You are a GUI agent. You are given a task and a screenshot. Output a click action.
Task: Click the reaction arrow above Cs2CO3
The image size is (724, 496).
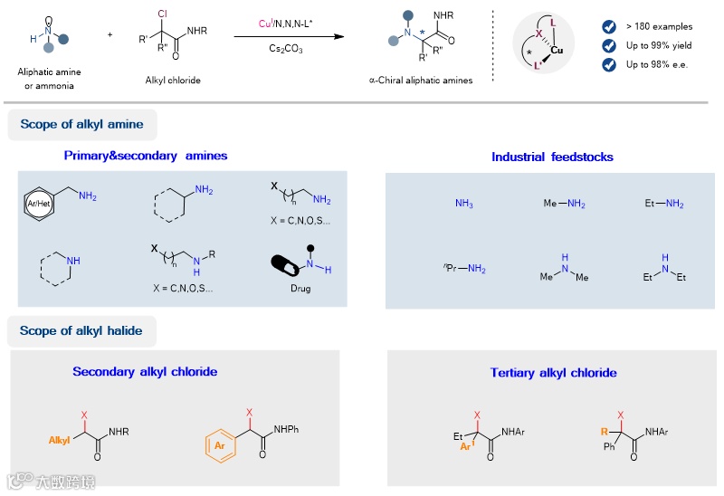(290, 36)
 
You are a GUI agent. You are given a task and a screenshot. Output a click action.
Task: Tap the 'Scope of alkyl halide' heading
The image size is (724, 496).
(81, 330)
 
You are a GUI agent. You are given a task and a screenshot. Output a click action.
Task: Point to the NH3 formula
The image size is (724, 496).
(464, 205)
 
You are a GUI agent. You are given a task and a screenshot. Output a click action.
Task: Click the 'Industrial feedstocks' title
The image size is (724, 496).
(552, 157)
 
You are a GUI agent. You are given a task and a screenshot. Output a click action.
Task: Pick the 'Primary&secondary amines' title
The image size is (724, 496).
(146, 156)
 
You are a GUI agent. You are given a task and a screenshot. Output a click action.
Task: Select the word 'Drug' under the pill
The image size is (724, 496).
(300, 289)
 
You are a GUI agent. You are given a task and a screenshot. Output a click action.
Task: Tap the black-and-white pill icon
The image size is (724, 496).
(287, 268)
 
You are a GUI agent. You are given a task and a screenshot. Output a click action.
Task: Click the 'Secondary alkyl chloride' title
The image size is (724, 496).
(145, 371)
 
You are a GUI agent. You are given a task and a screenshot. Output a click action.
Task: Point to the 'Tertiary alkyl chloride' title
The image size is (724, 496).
(553, 372)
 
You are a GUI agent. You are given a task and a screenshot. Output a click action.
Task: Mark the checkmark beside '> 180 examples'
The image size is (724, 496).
(608, 27)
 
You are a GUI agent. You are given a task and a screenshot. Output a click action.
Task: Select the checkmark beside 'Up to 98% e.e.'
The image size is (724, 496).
(608, 63)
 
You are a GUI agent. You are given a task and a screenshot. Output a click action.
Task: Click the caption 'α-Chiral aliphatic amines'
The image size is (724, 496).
(426, 80)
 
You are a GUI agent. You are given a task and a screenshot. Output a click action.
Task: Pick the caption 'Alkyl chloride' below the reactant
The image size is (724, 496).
(173, 80)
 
